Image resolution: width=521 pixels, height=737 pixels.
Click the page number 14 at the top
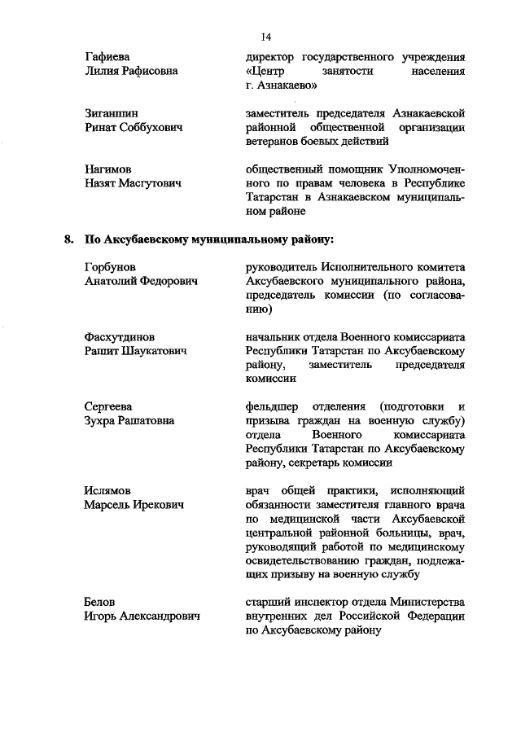pos(265,37)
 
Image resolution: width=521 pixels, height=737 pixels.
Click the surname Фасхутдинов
pos(120,336)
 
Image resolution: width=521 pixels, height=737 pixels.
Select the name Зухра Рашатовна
pos(129,420)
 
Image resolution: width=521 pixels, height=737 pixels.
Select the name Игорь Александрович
pos(142,616)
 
